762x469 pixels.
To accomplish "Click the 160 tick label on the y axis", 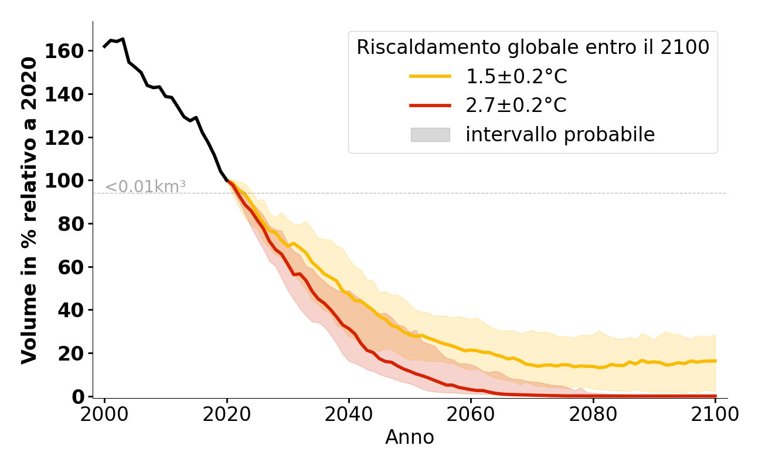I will tap(62, 51).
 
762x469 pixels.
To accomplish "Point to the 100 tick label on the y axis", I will tap(62, 181).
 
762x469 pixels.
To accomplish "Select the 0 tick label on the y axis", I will tap(79, 397).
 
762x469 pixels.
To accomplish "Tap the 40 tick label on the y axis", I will tap(70, 310).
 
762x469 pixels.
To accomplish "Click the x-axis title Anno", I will tap(410, 438).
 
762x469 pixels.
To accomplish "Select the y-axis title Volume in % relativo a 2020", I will tap(29, 210).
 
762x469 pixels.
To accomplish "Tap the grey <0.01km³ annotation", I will tap(145, 187).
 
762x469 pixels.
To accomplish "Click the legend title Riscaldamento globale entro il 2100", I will tap(533, 47).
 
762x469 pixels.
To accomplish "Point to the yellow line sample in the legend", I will tap(430, 76).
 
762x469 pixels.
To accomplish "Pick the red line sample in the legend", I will tap(430, 106).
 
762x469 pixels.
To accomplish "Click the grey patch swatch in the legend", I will tap(430, 135).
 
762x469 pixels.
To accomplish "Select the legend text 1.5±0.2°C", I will tap(516, 76).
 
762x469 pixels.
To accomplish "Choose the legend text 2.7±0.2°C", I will tap(516, 106).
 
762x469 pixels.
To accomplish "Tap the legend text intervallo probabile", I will tap(560, 135).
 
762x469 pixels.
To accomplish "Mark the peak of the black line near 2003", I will tap(123, 39).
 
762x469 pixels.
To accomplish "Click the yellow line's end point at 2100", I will tap(715, 361).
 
